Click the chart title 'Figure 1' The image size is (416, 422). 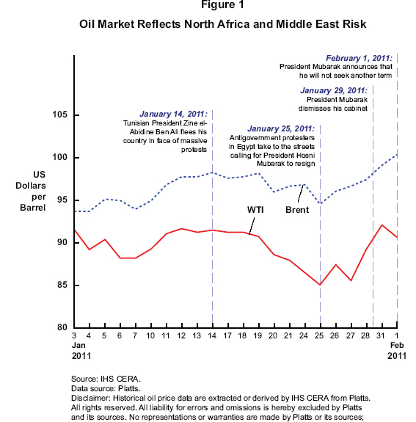pos(222,4)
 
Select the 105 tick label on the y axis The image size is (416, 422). pos(59,114)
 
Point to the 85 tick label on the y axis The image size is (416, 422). pos(62,285)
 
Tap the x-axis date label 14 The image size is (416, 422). pos(212,335)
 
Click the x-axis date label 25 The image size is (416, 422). pos(319,335)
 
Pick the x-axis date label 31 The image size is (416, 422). pos(381,335)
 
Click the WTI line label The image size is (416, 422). pos(255,210)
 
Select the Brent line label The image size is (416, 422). pos(297,210)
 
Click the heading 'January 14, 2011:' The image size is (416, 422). pos(174,114)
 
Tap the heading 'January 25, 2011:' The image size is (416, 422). pos(281,128)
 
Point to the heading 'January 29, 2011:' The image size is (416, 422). pos(334,90)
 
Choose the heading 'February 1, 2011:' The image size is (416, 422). pos(359,58)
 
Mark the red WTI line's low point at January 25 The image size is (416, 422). pos(320,285)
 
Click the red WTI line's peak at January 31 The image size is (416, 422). pos(382,225)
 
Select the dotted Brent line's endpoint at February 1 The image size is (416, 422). pos(397,155)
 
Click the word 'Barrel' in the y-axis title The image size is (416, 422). pos(33,208)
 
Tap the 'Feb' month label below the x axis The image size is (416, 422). pos(397,345)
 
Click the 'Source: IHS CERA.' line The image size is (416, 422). pos(106,379)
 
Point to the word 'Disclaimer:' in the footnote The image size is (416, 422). pos(91,398)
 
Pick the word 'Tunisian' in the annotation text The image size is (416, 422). pos(136,123)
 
